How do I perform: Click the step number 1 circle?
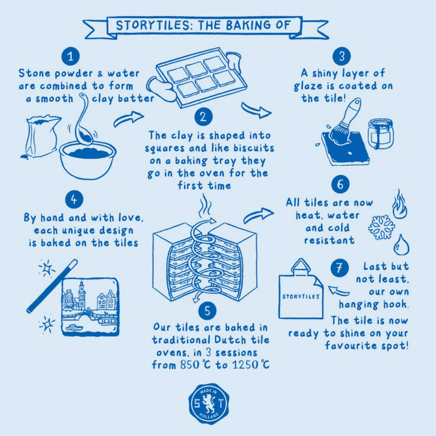(x=70, y=56)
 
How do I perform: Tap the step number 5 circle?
(x=207, y=311)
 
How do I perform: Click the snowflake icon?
(x=381, y=227)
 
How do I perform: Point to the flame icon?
(x=399, y=205)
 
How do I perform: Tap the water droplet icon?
(x=401, y=245)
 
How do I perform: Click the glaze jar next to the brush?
(x=380, y=134)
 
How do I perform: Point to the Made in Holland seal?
(x=208, y=403)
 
